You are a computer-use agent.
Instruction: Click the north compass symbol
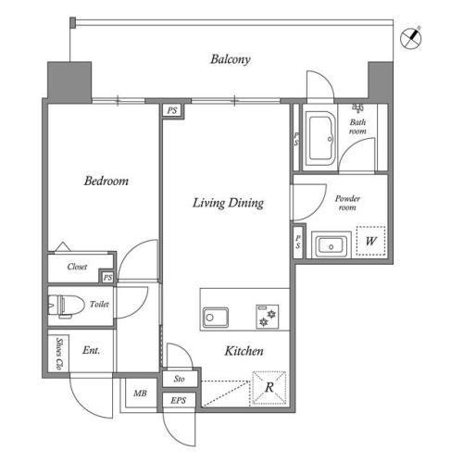click(x=411, y=38)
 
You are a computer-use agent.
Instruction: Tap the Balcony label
click(x=231, y=59)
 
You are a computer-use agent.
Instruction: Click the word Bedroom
click(x=106, y=181)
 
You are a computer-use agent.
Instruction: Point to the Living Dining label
click(x=228, y=203)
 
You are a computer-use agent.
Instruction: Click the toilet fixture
click(x=67, y=307)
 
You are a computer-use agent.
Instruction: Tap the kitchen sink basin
click(x=216, y=318)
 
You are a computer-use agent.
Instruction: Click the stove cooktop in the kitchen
click(x=268, y=317)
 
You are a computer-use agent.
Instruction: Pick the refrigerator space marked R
click(x=269, y=388)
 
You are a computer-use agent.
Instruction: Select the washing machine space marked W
click(x=371, y=241)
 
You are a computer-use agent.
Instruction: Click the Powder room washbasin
click(x=332, y=246)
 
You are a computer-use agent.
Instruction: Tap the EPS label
click(x=179, y=401)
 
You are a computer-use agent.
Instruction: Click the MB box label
click(x=140, y=394)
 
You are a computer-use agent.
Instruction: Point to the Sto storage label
click(x=180, y=379)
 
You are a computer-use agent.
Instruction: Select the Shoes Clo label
click(x=59, y=354)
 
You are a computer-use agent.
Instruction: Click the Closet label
click(x=77, y=267)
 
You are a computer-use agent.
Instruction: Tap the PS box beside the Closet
click(x=107, y=277)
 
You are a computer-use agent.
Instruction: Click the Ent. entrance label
click(x=91, y=350)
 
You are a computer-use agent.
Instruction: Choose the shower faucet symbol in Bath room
click(x=357, y=107)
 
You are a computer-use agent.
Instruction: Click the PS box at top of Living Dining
click(x=172, y=110)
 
